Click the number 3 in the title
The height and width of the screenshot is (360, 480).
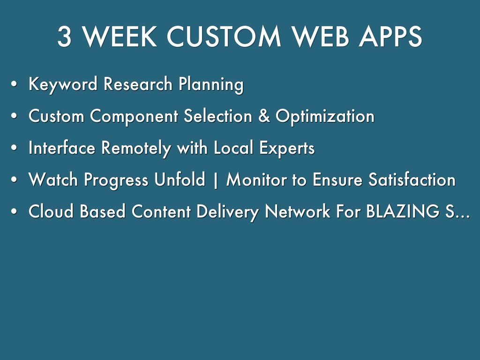[x=65, y=37]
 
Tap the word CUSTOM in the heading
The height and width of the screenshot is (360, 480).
[x=224, y=37]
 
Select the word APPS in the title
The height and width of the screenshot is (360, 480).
[x=390, y=37]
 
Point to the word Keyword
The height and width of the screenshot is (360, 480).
[x=63, y=84]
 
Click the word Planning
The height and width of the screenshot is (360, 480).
[x=211, y=84]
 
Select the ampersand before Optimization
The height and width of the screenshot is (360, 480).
[x=264, y=116]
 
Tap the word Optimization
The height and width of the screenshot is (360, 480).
[x=325, y=116]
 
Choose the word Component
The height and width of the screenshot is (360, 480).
[x=134, y=116]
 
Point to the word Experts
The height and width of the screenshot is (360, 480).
[x=287, y=148]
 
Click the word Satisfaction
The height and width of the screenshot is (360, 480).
[x=412, y=180]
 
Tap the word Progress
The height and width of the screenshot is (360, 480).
[x=116, y=180]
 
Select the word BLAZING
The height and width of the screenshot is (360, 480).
[x=403, y=211]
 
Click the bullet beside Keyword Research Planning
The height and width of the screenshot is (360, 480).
[x=14, y=84]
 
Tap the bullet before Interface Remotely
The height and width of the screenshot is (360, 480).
[x=14, y=148]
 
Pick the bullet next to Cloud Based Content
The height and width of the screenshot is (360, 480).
[x=14, y=211]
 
